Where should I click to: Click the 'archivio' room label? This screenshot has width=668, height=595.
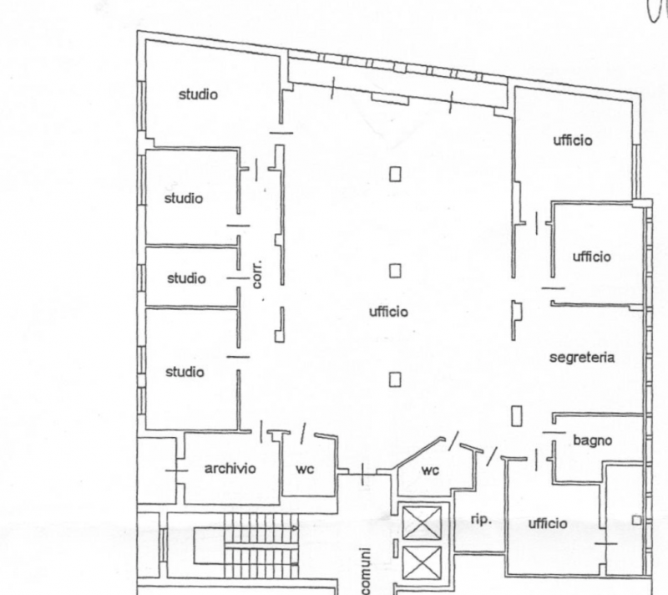(x=230, y=469)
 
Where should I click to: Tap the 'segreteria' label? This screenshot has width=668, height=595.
(x=582, y=358)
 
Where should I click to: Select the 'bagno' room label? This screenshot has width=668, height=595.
(x=592, y=440)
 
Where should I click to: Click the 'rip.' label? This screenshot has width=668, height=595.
(x=480, y=519)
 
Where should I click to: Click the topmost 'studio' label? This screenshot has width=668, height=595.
(x=198, y=94)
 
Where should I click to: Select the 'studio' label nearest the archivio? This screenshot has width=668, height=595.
(x=184, y=372)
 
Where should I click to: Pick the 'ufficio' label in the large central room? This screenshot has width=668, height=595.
(x=388, y=312)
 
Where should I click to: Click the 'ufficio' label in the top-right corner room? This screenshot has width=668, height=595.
(x=572, y=140)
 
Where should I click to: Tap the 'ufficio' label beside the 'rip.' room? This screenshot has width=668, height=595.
(x=548, y=524)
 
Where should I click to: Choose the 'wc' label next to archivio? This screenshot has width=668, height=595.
(x=305, y=470)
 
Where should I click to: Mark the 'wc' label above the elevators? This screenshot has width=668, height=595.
(x=430, y=470)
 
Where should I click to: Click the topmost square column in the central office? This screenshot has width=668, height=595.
(x=395, y=174)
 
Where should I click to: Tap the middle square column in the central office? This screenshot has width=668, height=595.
(x=395, y=271)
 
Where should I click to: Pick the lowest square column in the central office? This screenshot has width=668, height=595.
(x=395, y=379)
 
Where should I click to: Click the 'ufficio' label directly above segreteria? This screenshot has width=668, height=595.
(x=592, y=257)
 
